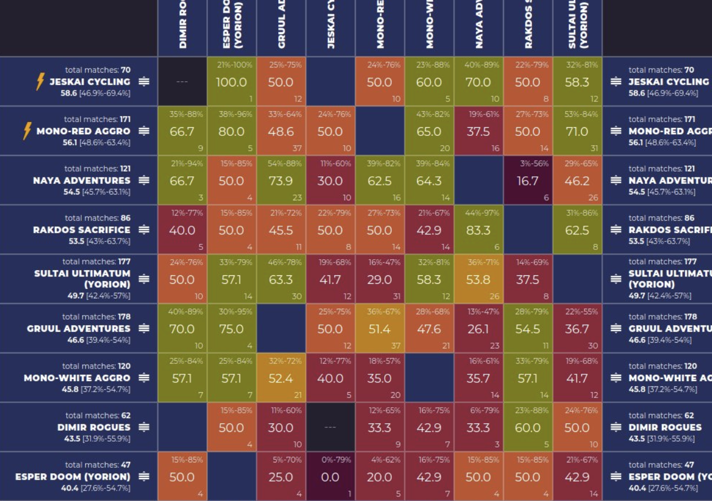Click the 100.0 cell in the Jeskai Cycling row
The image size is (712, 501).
click(232, 82)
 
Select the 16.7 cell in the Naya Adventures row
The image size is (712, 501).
click(528, 181)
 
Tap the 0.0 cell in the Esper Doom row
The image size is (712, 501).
click(330, 477)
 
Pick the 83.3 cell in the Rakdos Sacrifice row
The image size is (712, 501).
click(478, 230)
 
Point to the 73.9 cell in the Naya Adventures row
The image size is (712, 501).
click(281, 181)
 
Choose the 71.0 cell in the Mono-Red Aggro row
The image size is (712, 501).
click(577, 131)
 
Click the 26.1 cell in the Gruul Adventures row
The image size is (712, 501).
click(478, 329)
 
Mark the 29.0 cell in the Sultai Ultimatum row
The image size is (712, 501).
click(379, 280)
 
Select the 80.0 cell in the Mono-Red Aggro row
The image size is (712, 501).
click(232, 131)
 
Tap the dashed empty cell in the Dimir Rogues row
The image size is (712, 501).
click(330, 428)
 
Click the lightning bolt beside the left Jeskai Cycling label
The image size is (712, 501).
click(40, 82)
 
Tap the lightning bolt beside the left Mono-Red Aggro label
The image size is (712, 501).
click(26, 131)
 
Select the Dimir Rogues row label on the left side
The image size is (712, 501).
click(93, 427)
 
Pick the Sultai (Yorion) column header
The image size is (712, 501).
click(577, 26)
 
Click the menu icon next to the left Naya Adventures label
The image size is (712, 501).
click(144, 180)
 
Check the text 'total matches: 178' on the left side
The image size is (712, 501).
click(96, 317)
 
